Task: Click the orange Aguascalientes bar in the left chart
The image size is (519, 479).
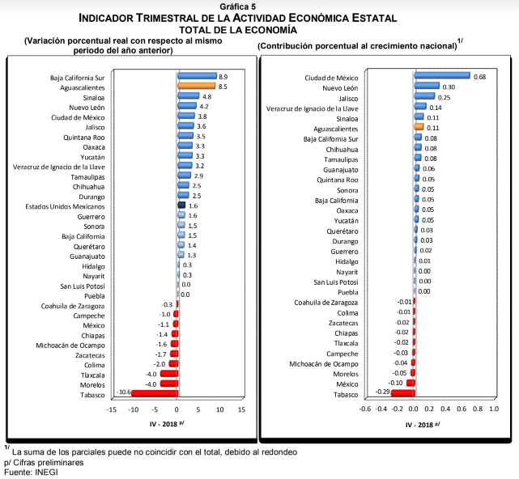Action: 197,86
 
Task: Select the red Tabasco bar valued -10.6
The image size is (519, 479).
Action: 154,393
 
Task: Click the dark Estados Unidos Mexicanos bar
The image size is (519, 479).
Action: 182,206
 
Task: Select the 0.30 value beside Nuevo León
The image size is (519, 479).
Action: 450,87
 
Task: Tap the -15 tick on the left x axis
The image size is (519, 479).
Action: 111,409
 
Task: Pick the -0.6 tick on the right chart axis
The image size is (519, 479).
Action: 365,409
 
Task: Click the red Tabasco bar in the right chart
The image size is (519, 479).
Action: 402,393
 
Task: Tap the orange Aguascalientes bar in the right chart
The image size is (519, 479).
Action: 419,127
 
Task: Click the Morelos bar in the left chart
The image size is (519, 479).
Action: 168,383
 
